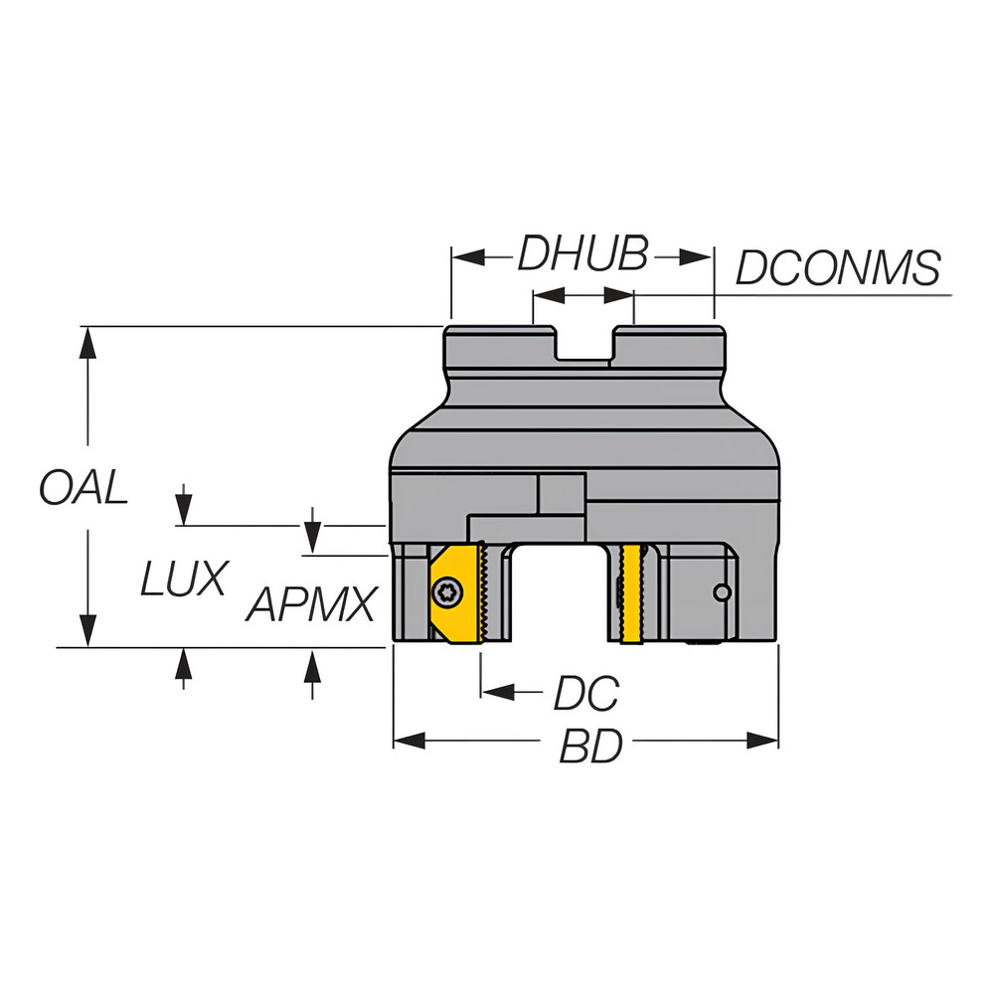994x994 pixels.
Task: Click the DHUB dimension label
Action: point(581,255)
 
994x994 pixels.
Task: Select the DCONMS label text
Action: point(837,268)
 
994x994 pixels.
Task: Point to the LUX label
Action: point(184,579)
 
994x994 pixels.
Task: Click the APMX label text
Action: point(312,603)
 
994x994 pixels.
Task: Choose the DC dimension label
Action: point(585,693)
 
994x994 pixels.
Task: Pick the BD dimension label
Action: point(590,745)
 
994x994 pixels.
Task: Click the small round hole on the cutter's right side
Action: point(724,593)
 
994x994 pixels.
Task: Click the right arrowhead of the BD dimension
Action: point(765,741)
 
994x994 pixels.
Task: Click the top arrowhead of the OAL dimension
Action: point(87,340)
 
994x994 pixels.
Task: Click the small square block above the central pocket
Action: point(561,494)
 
